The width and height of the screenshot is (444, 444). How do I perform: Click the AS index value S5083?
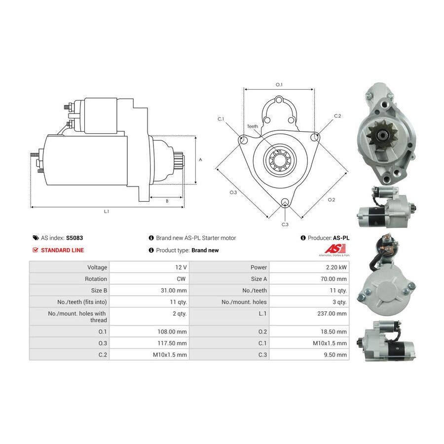tap(74, 238)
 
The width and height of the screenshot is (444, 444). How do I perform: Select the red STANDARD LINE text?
tap(62, 250)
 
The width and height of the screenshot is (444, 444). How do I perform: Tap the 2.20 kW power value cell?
tap(336, 267)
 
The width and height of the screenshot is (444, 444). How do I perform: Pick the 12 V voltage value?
tap(181, 267)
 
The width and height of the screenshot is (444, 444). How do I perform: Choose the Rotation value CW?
tap(181, 279)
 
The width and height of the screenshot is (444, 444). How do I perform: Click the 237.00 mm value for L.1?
tap(332, 313)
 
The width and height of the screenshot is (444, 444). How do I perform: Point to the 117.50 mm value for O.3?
tap(172, 343)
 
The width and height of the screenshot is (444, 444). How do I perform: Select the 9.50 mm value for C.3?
tap(335, 355)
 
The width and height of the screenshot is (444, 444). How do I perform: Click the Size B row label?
tap(99, 291)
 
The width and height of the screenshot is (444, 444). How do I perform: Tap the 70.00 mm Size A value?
tap(333, 279)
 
